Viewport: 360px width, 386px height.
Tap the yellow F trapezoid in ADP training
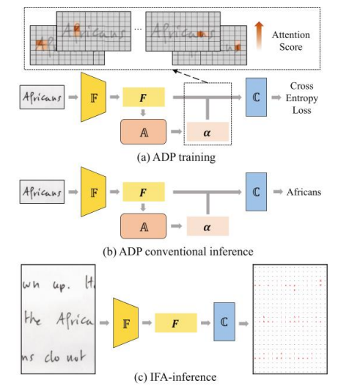pos(93,95)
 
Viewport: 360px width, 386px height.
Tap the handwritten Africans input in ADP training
pos(38,95)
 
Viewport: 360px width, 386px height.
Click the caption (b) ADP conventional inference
pos(178,251)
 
